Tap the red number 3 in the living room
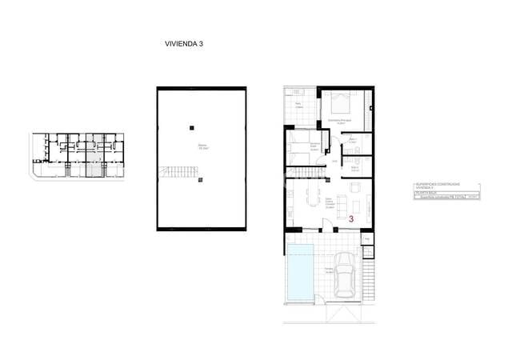point(351,218)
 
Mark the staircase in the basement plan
point(178,171)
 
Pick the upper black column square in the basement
point(191,127)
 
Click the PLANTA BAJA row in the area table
point(426,192)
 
